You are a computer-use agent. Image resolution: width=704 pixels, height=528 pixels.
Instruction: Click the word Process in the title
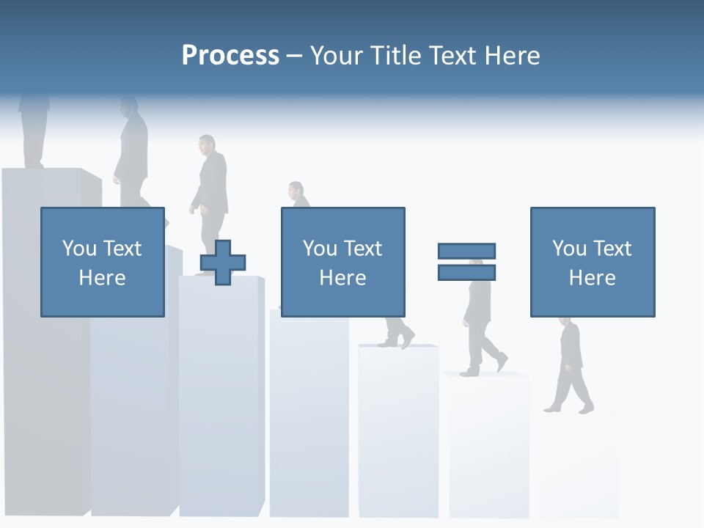230,56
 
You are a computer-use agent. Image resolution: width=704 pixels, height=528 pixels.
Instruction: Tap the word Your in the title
340,56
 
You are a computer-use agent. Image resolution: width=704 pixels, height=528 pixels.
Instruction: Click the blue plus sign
223,263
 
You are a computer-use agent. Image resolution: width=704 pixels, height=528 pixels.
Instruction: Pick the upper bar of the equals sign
466,251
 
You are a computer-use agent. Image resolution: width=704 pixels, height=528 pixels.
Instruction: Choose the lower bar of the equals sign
466,272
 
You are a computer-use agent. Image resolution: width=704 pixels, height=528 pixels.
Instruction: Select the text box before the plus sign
102,262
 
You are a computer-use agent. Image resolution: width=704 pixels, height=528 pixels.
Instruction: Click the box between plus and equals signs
342,262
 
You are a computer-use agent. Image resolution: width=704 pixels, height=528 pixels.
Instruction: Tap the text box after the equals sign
592,262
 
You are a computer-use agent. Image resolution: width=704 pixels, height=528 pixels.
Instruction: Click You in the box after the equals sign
569,249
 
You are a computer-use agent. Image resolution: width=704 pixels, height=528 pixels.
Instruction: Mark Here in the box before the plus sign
102,278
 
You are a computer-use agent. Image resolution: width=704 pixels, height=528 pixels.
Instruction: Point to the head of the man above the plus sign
208,144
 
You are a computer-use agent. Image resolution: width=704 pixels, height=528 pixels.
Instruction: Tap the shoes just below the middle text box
397,338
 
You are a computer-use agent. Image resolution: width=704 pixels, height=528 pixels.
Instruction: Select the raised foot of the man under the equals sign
502,362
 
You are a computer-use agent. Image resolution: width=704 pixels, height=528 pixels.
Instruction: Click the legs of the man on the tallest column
34,139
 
